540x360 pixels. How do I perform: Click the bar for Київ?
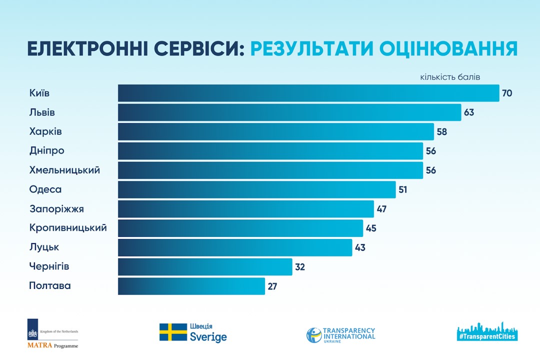(x=308, y=93)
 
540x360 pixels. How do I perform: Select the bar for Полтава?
(x=191, y=286)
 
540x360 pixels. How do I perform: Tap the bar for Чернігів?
(x=205, y=267)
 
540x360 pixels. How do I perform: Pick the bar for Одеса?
(x=257, y=190)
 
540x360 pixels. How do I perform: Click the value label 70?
(x=507, y=93)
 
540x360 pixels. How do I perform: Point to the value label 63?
(x=468, y=112)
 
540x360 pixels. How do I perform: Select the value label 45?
(x=370, y=228)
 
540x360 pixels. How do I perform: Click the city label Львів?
(x=42, y=112)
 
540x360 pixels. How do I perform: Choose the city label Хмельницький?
(x=64, y=170)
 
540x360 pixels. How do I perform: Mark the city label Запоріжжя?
(x=56, y=209)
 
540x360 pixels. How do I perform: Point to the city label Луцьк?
(x=44, y=247)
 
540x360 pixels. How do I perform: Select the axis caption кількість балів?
(x=450, y=77)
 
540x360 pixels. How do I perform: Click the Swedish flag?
(x=173, y=332)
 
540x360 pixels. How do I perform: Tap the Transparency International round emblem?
(x=313, y=335)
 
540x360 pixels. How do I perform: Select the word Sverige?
(x=208, y=337)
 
